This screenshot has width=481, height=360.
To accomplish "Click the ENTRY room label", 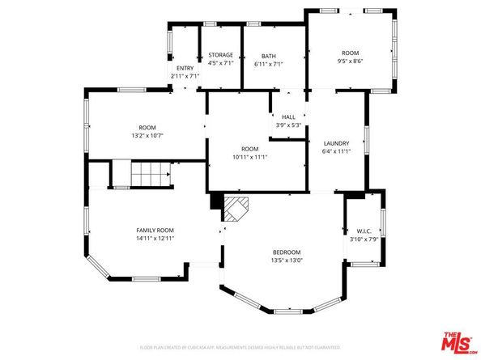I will click(x=185, y=68).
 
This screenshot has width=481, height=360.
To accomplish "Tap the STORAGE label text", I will click(x=220, y=55).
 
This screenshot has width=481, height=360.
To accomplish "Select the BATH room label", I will click(x=268, y=56).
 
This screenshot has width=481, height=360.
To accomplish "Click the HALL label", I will click(x=288, y=116).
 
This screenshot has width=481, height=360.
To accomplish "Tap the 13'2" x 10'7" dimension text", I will click(x=147, y=136).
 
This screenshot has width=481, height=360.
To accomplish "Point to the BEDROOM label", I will click(x=287, y=252).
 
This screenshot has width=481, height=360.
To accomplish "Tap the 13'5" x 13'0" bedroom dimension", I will click(x=287, y=260).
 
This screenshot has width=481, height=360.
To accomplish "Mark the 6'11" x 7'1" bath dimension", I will click(x=268, y=64).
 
